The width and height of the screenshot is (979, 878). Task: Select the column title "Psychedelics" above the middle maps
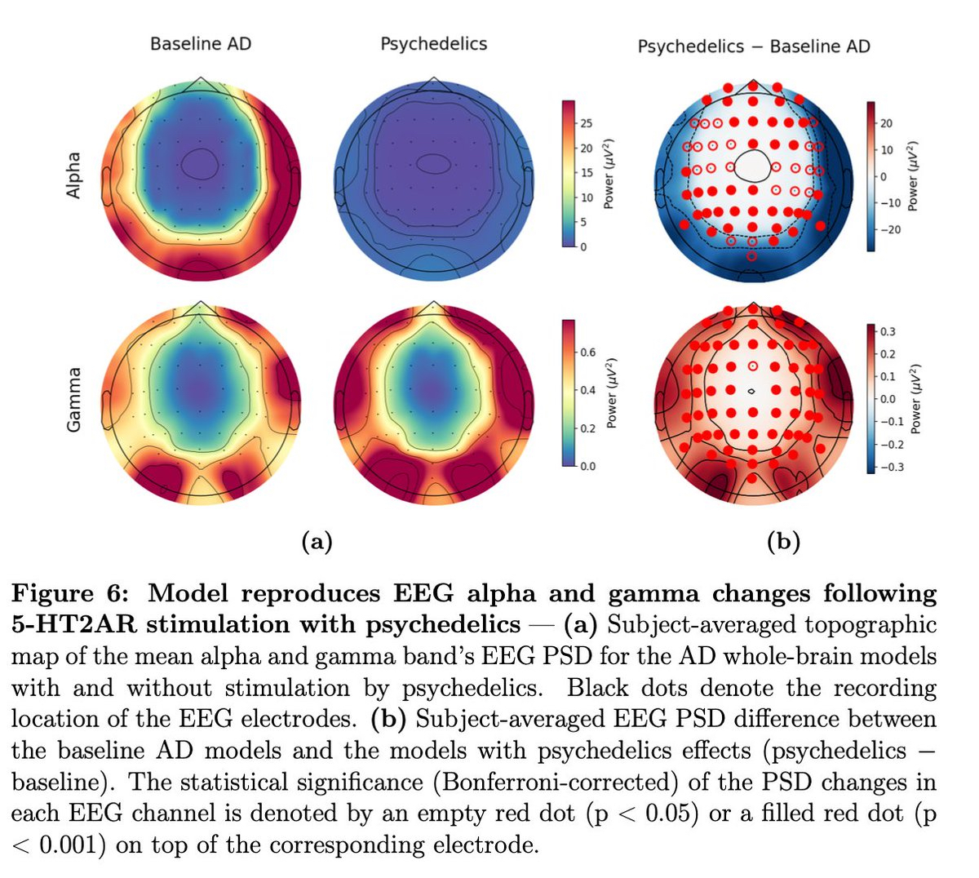coord(433,43)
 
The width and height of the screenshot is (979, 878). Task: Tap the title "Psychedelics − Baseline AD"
coord(753,47)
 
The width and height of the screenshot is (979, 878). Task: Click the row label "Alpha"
coord(74,175)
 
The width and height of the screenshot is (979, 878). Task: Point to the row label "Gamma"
coord(74,399)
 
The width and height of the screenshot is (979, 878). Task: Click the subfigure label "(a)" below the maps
coord(317,541)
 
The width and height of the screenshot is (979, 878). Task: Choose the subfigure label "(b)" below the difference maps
coord(784,541)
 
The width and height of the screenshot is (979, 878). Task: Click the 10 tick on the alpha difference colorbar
coord(887,149)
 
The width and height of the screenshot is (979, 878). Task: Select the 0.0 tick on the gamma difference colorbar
coord(887,399)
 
